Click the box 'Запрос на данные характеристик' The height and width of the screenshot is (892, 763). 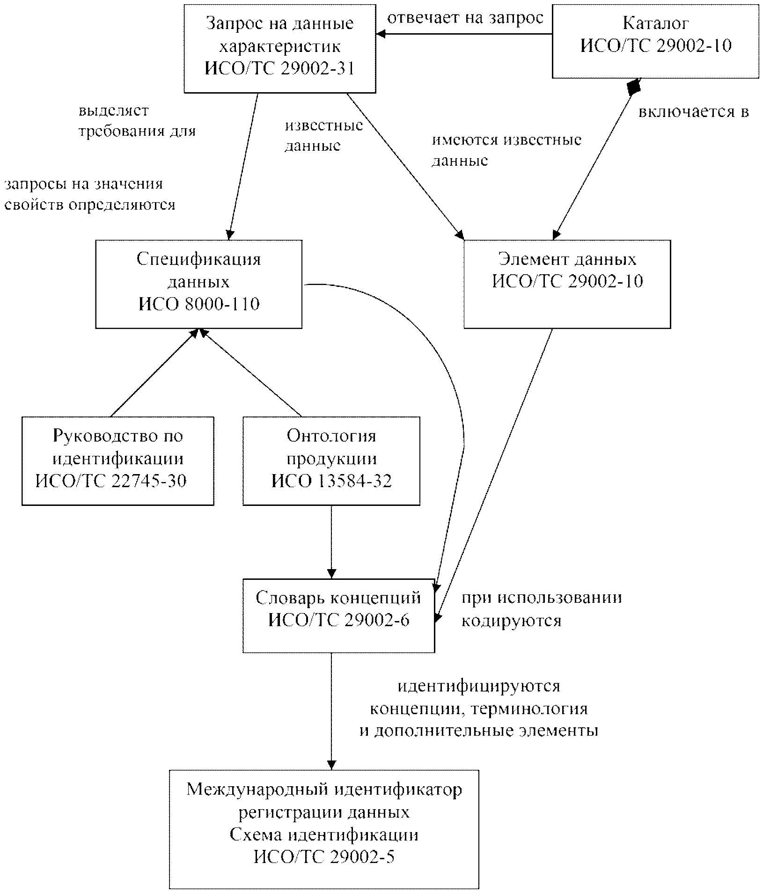280,49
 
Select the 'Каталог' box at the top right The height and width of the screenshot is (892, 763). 656,41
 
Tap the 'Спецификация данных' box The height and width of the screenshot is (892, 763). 199,284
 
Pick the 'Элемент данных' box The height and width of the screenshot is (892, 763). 567,284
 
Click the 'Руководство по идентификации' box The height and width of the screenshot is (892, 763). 118,461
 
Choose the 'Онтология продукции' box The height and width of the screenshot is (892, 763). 331,461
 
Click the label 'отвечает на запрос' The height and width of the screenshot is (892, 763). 465,18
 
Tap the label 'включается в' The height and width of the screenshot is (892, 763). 694,112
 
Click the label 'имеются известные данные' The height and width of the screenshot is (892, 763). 506,150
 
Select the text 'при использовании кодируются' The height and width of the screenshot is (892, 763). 542,609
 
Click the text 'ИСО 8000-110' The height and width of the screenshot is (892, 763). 199,305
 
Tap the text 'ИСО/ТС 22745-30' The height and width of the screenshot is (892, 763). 111,481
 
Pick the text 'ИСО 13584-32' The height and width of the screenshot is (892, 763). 331,481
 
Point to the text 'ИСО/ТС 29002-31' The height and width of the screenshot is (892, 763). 279,69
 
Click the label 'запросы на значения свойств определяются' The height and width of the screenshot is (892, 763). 90,194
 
